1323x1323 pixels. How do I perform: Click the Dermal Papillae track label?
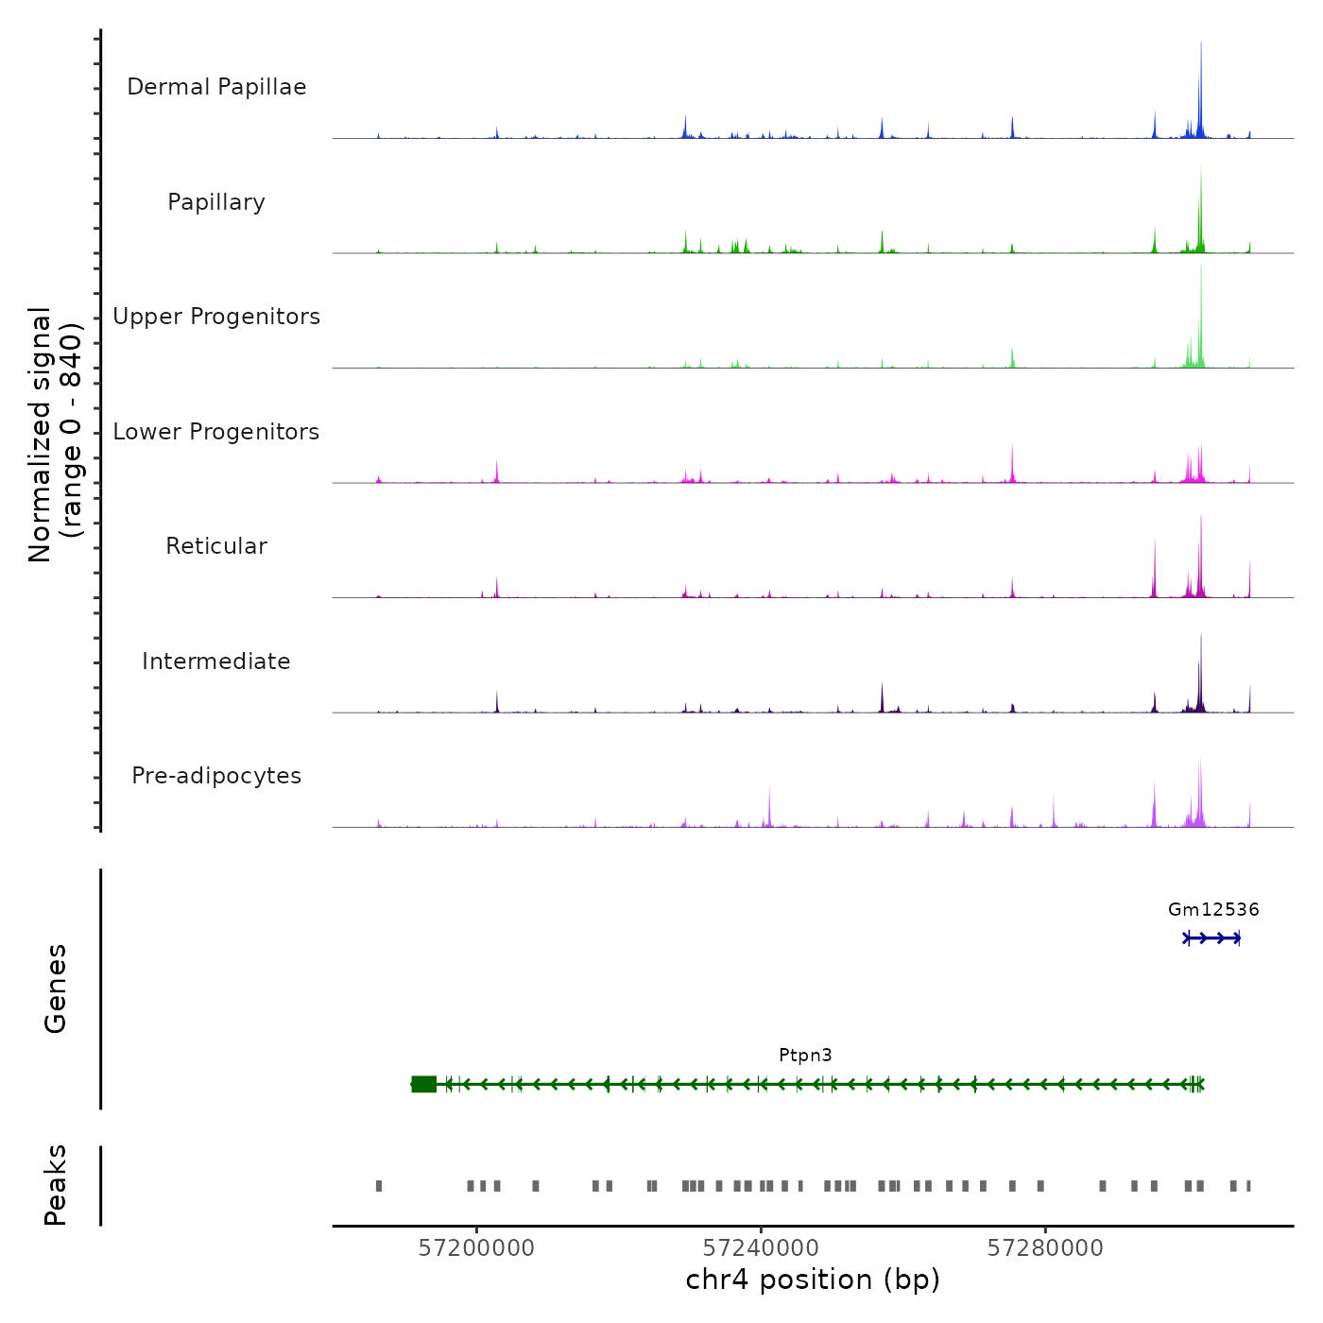pos(216,87)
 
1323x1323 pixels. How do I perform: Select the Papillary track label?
pos(216,202)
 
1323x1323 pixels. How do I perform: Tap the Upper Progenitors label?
pos(216,317)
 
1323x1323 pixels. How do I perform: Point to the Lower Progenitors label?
pos(216,432)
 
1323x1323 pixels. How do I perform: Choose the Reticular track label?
pos(216,546)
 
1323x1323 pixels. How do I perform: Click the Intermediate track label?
pos(216,661)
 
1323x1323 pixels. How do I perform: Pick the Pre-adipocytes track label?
pos(216,776)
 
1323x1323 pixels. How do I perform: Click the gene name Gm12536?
pos(1213,910)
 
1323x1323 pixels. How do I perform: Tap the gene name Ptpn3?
pos(805,1056)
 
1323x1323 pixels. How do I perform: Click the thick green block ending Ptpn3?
pos(424,1084)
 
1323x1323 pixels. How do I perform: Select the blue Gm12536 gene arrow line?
pos(1212,937)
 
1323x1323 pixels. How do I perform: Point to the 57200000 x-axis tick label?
pos(476,1248)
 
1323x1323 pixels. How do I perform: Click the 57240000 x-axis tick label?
pos(761,1248)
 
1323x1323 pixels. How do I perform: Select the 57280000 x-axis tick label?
pos(1045,1248)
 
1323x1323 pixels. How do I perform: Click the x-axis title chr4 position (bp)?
pos(813,1280)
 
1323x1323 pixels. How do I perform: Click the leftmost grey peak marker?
pos(379,1185)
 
